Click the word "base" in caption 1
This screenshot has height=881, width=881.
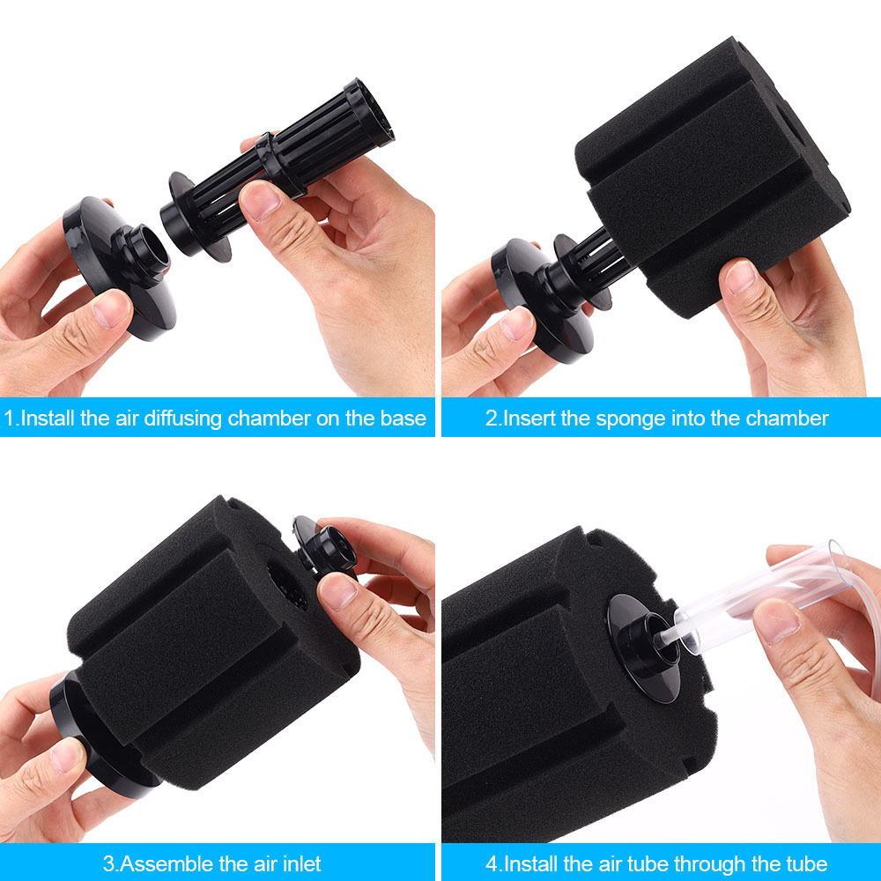[404, 418]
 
